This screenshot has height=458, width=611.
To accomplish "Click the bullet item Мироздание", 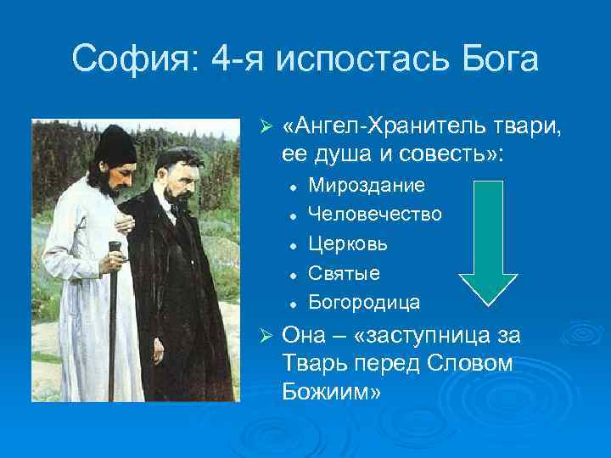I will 367,184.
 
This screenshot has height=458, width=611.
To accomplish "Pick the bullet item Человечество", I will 374,214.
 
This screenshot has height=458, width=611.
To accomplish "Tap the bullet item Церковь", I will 348,243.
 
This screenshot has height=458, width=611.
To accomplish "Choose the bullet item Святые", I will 344,273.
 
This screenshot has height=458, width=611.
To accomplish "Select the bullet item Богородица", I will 364,302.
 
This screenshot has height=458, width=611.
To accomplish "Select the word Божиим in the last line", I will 333,393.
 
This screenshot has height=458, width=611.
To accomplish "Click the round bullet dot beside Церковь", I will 291,244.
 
